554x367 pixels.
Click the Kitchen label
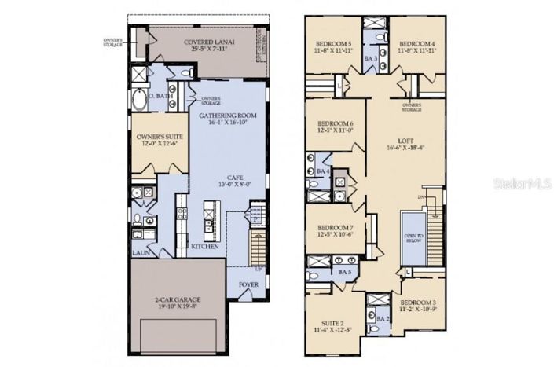tap(206, 246)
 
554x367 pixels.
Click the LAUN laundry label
tap(140, 253)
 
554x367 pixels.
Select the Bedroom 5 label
tap(334, 44)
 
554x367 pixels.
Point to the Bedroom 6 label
tap(335, 123)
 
